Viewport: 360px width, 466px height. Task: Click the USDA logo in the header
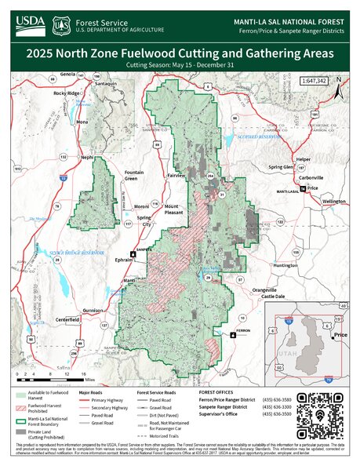tap(31, 24)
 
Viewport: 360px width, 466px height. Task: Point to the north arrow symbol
tap(338, 80)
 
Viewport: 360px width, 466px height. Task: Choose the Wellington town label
tap(333, 202)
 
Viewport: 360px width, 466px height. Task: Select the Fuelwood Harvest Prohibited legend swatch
tap(24, 407)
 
